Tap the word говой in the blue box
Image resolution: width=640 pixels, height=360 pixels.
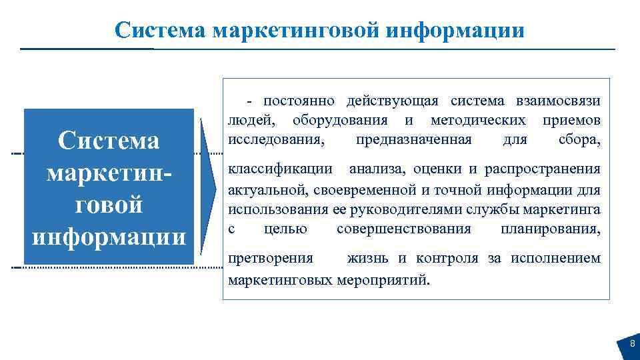(109, 205)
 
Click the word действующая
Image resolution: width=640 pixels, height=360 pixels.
(392, 101)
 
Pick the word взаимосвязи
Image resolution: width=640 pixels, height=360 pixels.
(557, 101)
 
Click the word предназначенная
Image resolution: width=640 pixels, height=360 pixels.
(414, 140)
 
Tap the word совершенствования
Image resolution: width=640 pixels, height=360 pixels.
(404, 229)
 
